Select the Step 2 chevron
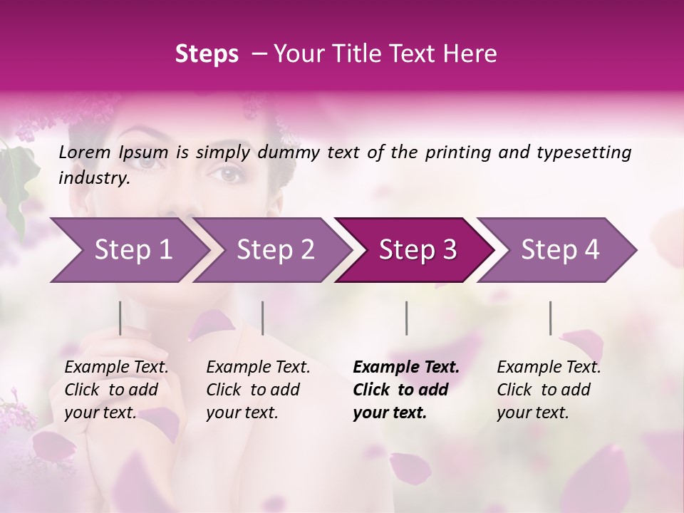274,250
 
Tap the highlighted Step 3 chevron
417,250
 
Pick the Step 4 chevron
559,250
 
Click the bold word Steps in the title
207,53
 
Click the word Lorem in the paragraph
85,152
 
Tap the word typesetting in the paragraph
589,152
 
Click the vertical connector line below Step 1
120,318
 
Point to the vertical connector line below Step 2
263,318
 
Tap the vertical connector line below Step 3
407,318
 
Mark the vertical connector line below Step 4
551,318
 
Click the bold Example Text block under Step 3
405,390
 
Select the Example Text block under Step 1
116,390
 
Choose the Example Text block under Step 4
549,390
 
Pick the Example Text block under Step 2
258,390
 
